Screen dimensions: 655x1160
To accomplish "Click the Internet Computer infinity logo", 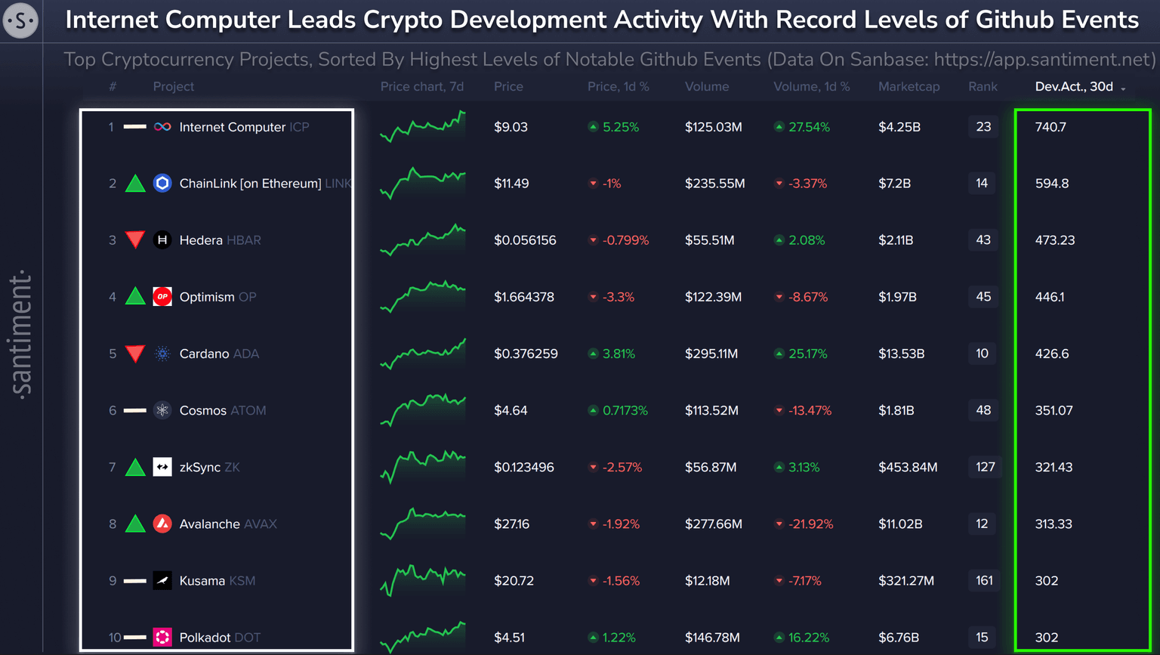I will [162, 127].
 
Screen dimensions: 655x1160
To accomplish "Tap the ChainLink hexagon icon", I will [162, 183].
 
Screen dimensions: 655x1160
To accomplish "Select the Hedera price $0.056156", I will [525, 240].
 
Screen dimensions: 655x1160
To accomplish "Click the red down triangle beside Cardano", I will [135, 353].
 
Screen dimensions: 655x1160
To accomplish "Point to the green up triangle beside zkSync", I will [135, 467].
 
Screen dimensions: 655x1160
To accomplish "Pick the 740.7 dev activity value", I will [1050, 127].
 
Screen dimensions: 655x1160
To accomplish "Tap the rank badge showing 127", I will [985, 467].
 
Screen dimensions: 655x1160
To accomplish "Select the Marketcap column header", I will [909, 87].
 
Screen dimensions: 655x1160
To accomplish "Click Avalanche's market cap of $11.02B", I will [900, 524].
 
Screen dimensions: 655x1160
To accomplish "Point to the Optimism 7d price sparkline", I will [423, 296].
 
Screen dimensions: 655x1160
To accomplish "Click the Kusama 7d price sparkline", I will [423, 579].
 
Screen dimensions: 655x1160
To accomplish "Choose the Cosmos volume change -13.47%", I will [809, 410].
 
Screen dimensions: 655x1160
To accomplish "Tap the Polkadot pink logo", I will [162, 637].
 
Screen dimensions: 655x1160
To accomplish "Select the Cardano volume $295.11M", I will [711, 354].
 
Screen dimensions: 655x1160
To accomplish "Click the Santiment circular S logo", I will [20, 20].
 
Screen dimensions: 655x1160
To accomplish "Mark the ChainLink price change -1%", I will [610, 184].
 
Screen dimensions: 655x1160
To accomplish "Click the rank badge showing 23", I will [983, 127].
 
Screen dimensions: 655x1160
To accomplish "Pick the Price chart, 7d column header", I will [422, 87].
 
